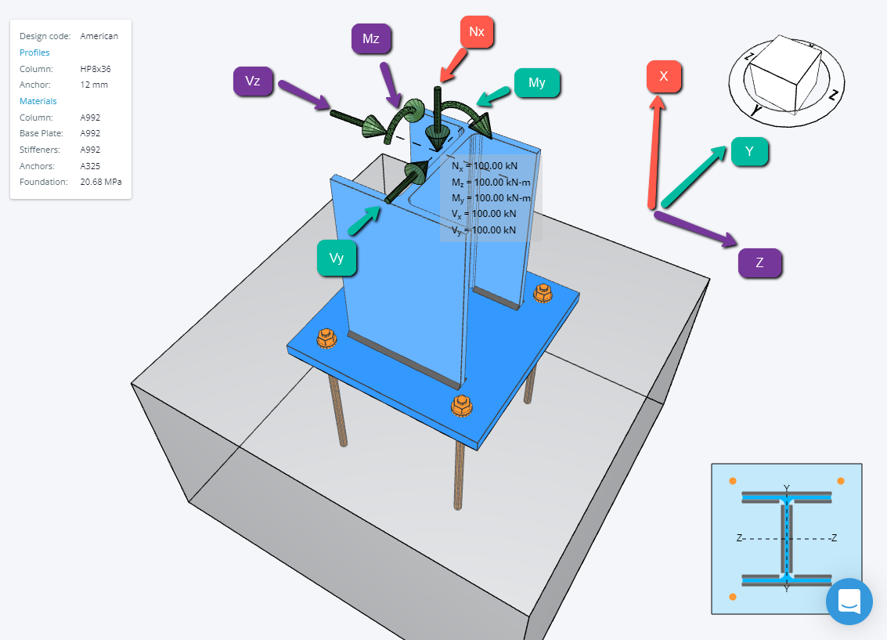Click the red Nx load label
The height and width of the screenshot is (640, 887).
(477, 32)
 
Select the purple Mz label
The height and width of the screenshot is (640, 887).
(371, 38)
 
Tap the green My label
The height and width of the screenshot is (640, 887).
(537, 83)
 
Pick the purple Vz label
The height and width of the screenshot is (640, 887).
(253, 81)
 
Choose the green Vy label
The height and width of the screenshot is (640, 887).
(337, 259)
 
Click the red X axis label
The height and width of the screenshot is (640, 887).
(664, 77)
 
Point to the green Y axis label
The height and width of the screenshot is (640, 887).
(749, 151)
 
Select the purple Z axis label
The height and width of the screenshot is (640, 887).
(759, 262)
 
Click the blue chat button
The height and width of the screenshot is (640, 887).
(849, 602)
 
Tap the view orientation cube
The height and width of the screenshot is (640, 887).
(784, 73)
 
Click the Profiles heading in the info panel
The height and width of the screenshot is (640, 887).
(34, 52)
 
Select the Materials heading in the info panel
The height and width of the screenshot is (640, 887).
(38, 101)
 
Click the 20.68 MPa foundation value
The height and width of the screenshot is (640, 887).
(100, 182)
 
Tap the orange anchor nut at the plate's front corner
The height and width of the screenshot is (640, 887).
(461, 405)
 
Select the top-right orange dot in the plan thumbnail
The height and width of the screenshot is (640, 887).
(841, 481)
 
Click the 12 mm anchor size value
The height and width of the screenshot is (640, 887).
(94, 85)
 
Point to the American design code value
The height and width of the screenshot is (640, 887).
(99, 36)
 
